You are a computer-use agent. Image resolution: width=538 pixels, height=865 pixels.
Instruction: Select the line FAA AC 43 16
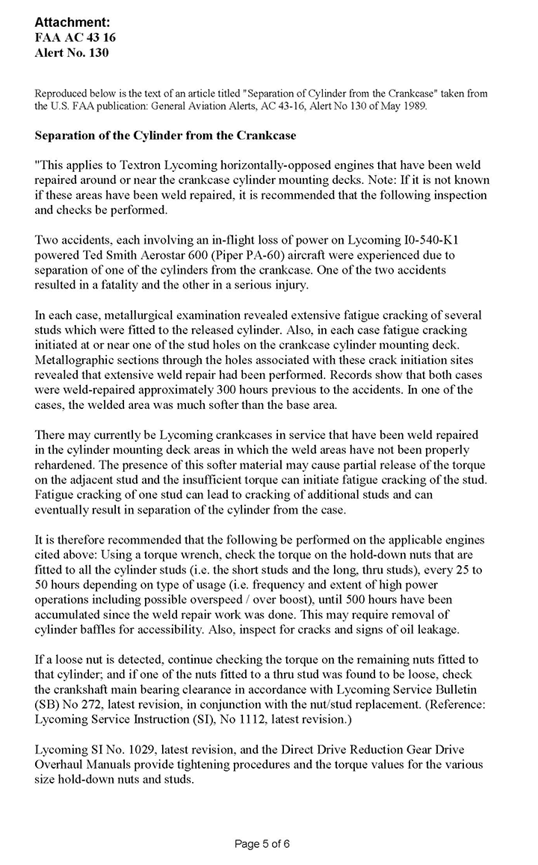click(x=75, y=37)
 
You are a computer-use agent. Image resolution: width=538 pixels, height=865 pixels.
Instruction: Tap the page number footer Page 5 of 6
click(x=262, y=844)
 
